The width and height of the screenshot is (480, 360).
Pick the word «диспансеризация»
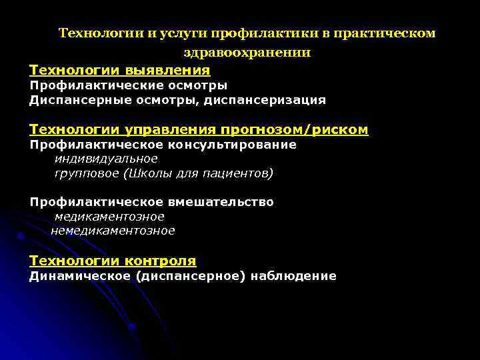point(265,101)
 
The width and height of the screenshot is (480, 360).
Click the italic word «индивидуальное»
point(106,159)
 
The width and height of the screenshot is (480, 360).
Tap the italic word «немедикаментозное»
point(113,231)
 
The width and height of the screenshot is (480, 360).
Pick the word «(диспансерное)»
point(189,276)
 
